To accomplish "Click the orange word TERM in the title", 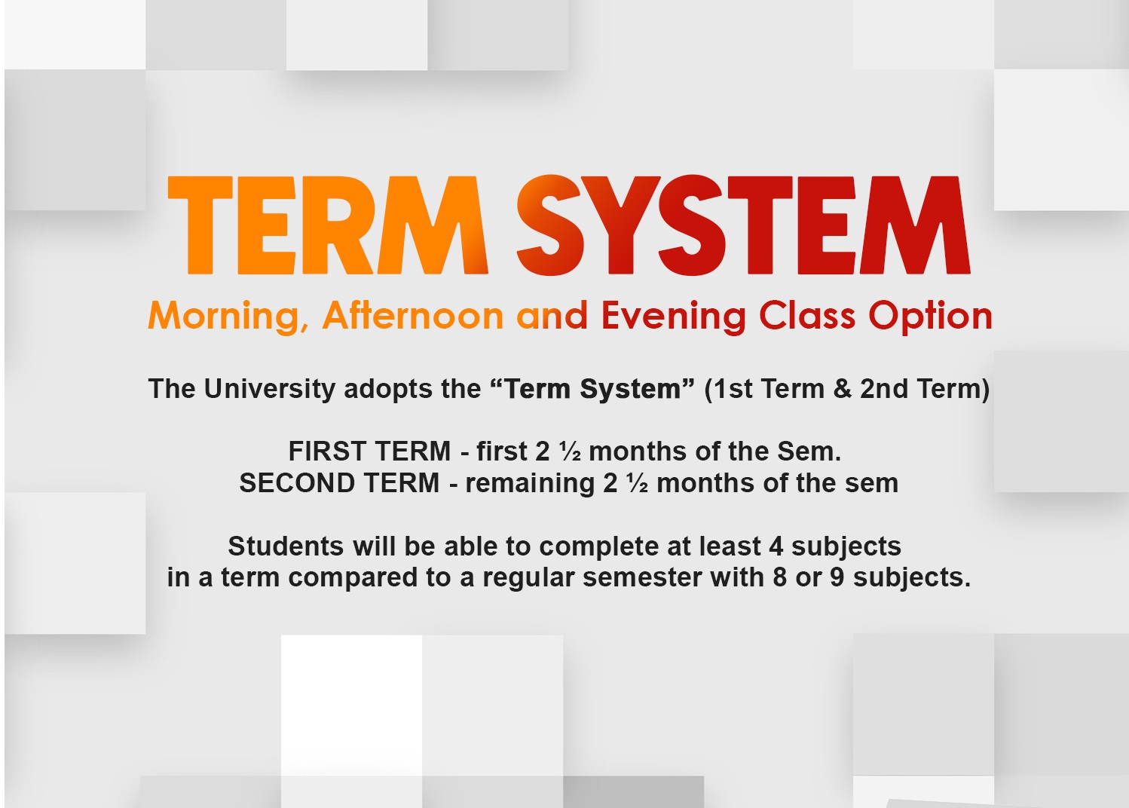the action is [328, 225].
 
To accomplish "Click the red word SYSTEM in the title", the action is [743, 225].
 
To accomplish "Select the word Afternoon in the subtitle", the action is [413, 315].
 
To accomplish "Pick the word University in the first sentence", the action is [270, 389].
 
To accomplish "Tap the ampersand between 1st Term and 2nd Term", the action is [842, 389].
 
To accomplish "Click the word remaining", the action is [530, 484].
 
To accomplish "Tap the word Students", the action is [286, 546].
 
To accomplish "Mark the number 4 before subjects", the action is [776, 546].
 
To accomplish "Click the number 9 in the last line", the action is [837, 577].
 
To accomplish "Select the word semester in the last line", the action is [642, 577].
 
